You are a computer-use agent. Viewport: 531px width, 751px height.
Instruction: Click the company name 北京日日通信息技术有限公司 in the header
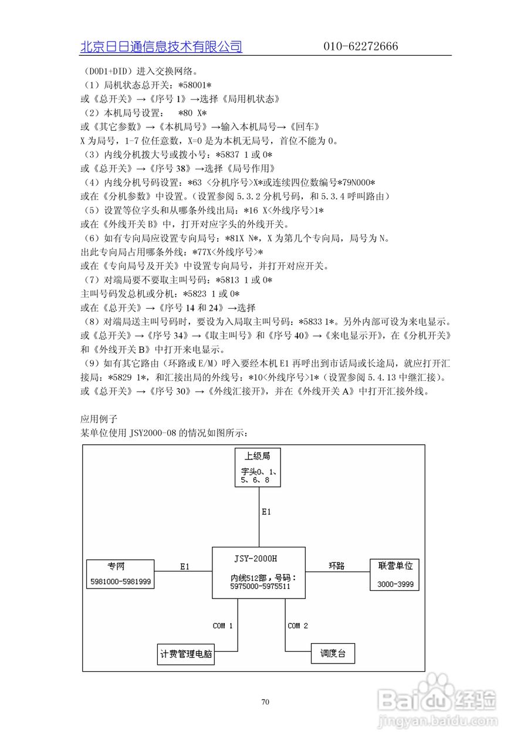click(161, 47)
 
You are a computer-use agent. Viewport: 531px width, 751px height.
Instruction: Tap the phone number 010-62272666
click(360, 47)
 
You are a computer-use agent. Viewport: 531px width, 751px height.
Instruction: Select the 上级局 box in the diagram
click(257, 467)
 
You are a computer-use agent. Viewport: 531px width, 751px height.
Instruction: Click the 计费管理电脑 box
click(186, 654)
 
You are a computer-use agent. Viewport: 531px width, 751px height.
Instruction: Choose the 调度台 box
click(333, 654)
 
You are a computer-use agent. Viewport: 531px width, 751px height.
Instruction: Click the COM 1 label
click(222, 626)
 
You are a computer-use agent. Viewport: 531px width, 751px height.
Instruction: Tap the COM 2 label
click(297, 626)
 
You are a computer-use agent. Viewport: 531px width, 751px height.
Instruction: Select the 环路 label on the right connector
click(336, 566)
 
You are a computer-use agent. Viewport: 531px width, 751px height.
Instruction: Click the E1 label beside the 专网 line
click(185, 566)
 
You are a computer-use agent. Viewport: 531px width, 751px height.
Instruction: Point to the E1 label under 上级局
click(266, 512)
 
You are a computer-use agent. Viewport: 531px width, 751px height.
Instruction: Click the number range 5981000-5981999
click(120, 582)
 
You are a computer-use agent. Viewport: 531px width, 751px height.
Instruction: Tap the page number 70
click(265, 702)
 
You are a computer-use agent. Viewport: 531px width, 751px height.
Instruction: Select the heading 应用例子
click(99, 419)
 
